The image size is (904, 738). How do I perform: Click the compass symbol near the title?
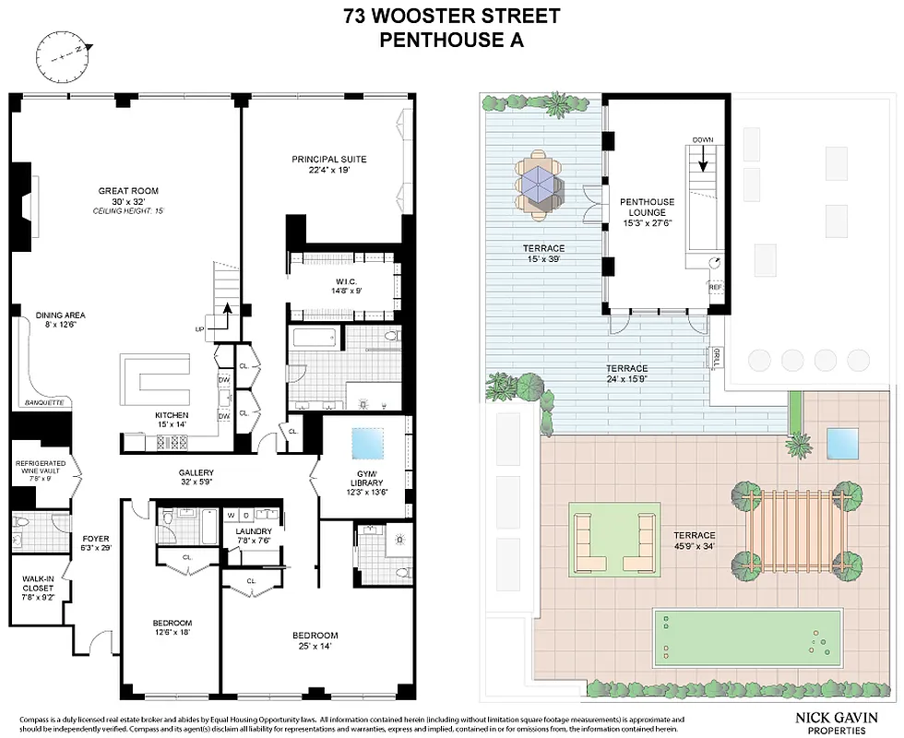pos(60,51)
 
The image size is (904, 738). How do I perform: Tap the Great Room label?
pos(129,191)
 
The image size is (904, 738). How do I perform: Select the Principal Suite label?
pos(323,160)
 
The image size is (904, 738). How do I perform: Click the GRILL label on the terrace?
pos(716,357)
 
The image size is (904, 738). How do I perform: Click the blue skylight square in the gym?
pos(365,446)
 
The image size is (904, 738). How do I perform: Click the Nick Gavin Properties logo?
pos(835,720)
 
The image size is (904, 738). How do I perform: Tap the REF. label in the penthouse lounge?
pos(716,287)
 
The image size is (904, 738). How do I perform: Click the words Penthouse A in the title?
pos(451,39)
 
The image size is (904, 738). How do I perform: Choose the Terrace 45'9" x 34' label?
pos(694,541)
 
